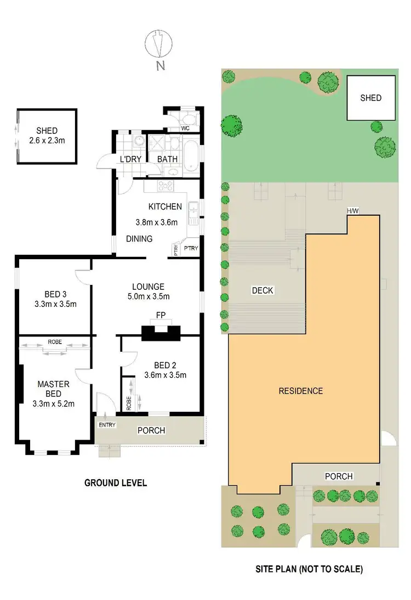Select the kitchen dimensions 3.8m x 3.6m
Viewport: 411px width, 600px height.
[x=157, y=223]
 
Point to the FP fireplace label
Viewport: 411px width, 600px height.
[x=161, y=316]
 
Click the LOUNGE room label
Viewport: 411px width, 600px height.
[x=148, y=287]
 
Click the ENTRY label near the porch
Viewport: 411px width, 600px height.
[x=105, y=425]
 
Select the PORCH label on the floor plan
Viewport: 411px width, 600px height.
[x=151, y=430]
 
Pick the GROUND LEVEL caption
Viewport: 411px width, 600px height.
[x=115, y=483]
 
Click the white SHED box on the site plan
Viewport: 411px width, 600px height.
[x=370, y=98]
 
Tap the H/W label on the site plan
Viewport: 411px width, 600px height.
[x=352, y=211]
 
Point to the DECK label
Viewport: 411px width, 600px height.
[x=263, y=290]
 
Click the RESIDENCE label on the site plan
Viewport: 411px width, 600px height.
[x=301, y=391]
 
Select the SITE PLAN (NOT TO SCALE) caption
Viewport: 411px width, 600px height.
[x=309, y=569]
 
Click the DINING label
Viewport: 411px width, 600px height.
[x=139, y=239]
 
